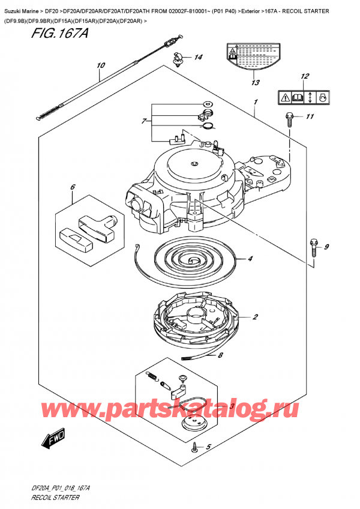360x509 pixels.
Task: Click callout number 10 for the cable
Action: (x=100, y=65)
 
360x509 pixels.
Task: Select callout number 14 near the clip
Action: (x=198, y=58)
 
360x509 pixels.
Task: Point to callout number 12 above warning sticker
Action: (x=304, y=76)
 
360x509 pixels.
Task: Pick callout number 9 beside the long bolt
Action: (x=327, y=247)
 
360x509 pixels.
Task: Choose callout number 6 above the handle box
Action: (x=73, y=187)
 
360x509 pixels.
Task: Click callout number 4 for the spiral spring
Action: (x=250, y=259)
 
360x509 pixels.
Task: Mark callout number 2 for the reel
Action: (x=255, y=317)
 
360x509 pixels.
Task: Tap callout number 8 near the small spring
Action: (x=220, y=355)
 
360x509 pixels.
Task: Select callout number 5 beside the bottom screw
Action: (x=208, y=447)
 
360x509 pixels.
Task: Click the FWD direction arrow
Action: (x=53, y=441)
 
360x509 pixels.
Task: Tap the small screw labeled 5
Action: (x=195, y=447)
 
